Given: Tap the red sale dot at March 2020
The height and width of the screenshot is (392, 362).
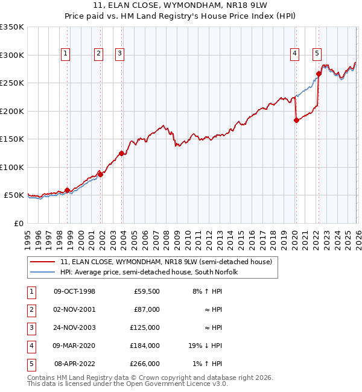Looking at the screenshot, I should click(296, 120).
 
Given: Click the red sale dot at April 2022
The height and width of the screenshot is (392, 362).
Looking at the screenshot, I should click(318, 74).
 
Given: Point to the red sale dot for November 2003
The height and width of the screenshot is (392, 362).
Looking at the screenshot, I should click(121, 153).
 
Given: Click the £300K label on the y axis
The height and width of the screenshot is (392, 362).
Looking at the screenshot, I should click(11, 55).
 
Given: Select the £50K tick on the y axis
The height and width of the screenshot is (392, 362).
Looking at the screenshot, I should click(14, 195).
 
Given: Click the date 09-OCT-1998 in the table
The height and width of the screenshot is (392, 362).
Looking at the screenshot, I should click(74, 291).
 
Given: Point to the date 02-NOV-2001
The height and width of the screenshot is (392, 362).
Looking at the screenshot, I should click(74, 309).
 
